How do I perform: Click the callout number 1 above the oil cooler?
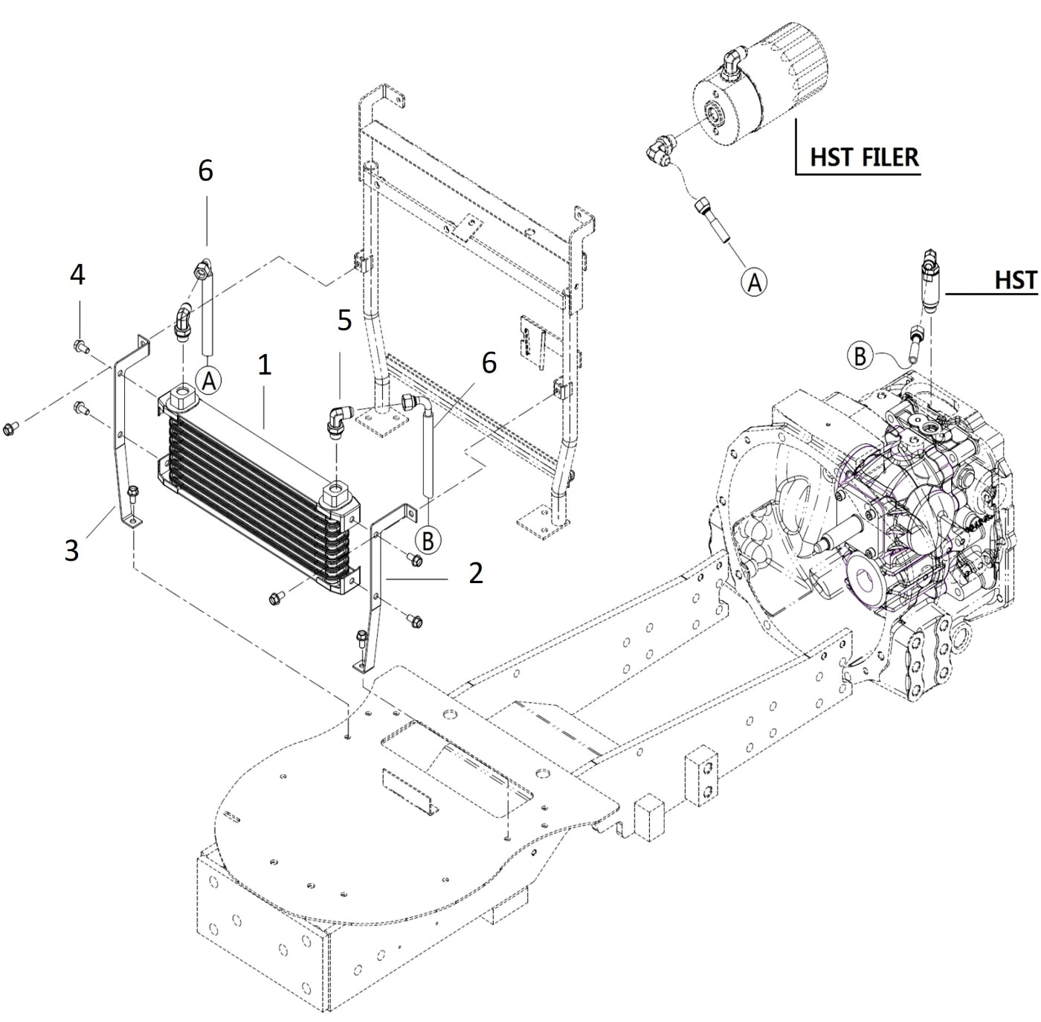click(x=265, y=364)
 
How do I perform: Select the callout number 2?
click(x=476, y=572)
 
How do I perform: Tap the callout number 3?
click(x=71, y=550)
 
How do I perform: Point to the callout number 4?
click(x=77, y=275)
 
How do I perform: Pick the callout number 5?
click(x=344, y=321)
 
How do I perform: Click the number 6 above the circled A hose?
click(x=205, y=170)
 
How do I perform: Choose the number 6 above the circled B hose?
click(x=489, y=363)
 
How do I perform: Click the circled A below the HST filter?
click(x=754, y=282)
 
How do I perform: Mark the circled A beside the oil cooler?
click(x=209, y=381)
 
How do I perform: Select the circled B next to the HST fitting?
click(x=860, y=356)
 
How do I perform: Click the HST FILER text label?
click(x=864, y=158)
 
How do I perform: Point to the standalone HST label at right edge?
click(x=1015, y=280)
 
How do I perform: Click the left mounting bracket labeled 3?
click(x=122, y=439)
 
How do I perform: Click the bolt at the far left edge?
click(x=10, y=428)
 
